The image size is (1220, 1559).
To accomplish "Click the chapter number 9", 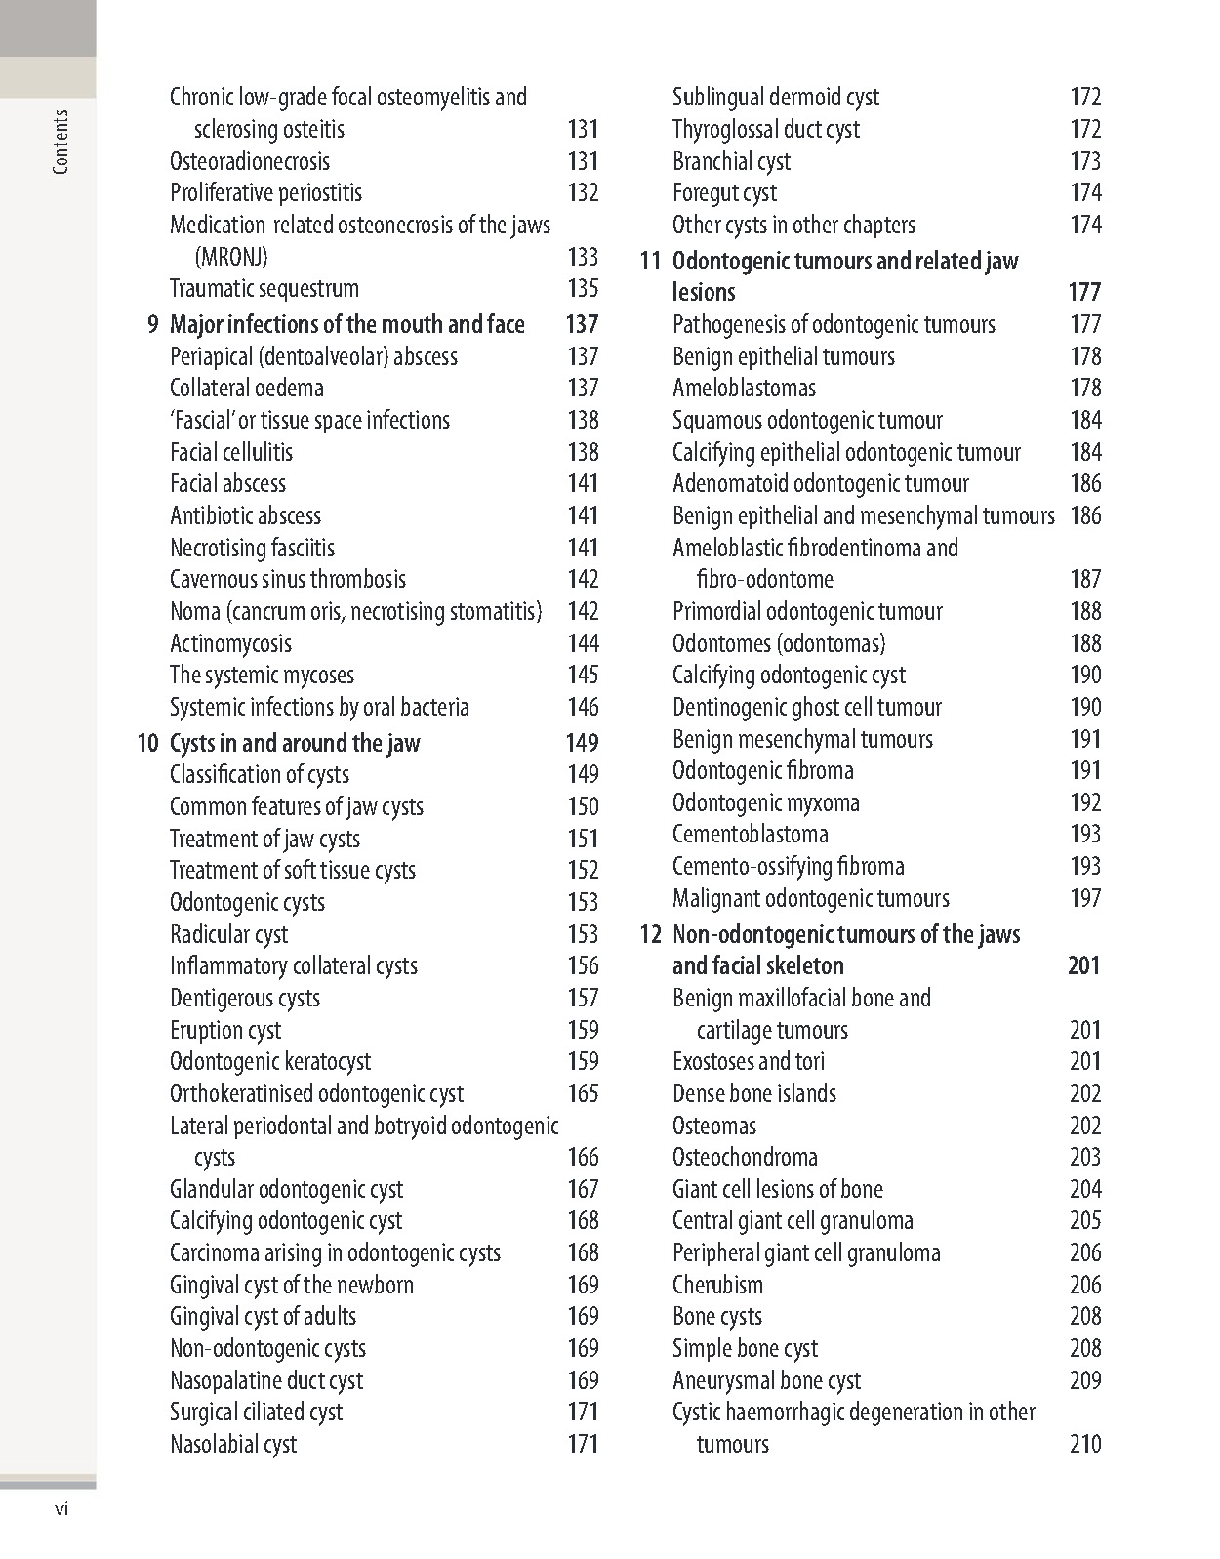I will pos(152,324).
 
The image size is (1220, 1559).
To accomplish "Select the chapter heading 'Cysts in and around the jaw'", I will pos(295,743).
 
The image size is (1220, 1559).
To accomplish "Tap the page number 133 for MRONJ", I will pos(583,257).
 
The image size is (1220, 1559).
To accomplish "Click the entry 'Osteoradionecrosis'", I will pos(250,161).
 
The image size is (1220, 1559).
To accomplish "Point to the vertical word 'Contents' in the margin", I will pos(61,143).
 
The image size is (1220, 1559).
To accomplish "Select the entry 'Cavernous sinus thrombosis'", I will pos(288,579).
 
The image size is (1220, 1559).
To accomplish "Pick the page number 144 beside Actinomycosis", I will pos(583,643).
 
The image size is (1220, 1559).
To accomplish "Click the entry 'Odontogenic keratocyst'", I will pos(270,1061).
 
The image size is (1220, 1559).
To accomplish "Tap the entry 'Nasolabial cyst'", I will pos(233,1444).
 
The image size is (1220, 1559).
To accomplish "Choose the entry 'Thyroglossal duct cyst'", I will pos(766,129).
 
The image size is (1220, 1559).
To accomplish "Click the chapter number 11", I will pos(651,262).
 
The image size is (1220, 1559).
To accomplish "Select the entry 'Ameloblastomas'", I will pos(744,388).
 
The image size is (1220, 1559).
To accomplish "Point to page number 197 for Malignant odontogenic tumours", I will pos(1085,898).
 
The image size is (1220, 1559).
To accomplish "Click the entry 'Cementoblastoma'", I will pos(751,834).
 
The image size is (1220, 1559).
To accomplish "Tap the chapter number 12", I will pos(651,935).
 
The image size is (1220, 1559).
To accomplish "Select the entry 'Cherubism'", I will pos(717,1285).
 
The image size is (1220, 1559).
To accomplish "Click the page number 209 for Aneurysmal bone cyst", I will pos(1085,1380).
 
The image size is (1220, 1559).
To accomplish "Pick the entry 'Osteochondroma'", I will pos(745,1157).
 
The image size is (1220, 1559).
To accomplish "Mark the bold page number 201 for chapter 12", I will pos(1083,965).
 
